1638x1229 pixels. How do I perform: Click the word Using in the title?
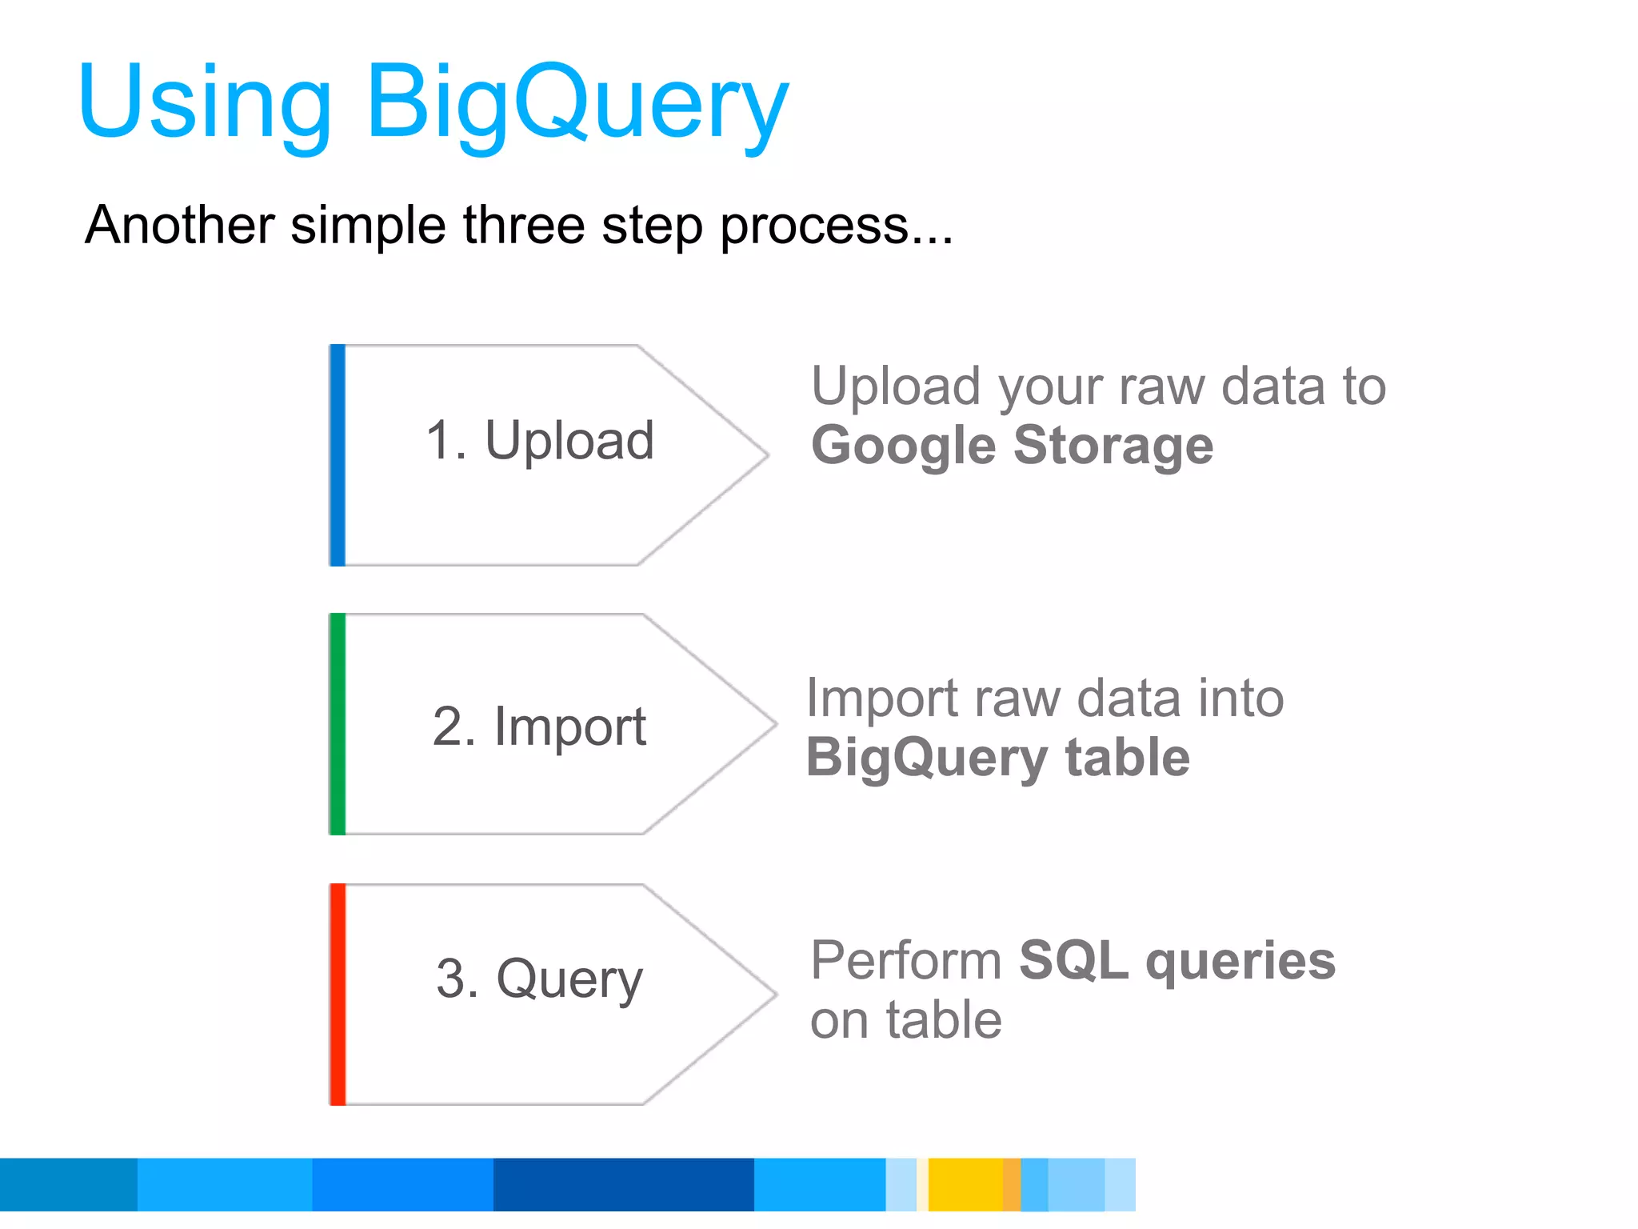[x=205, y=104]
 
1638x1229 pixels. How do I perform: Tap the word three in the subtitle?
[x=524, y=225]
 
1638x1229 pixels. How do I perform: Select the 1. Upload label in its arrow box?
[x=540, y=441]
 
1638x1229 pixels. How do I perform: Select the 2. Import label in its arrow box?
[x=540, y=727]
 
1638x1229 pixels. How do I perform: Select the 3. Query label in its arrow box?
[x=540, y=979]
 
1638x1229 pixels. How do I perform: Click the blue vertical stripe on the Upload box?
[x=338, y=455]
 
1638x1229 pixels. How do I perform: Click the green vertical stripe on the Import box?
[x=338, y=724]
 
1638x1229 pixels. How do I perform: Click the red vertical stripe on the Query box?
[x=338, y=995]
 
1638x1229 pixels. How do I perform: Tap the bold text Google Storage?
[x=1012, y=446]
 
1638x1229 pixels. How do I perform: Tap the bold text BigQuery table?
[x=997, y=758]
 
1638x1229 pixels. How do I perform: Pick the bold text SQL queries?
[x=1177, y=960]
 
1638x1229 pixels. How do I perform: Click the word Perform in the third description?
[x=906, y=960]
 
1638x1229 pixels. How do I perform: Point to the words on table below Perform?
[x=905, y=1020]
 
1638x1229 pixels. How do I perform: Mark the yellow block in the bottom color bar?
[x=965, y=1184]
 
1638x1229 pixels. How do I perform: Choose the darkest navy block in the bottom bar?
[x=623, y=1184]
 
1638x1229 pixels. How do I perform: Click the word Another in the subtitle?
[x=180, y=225]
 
